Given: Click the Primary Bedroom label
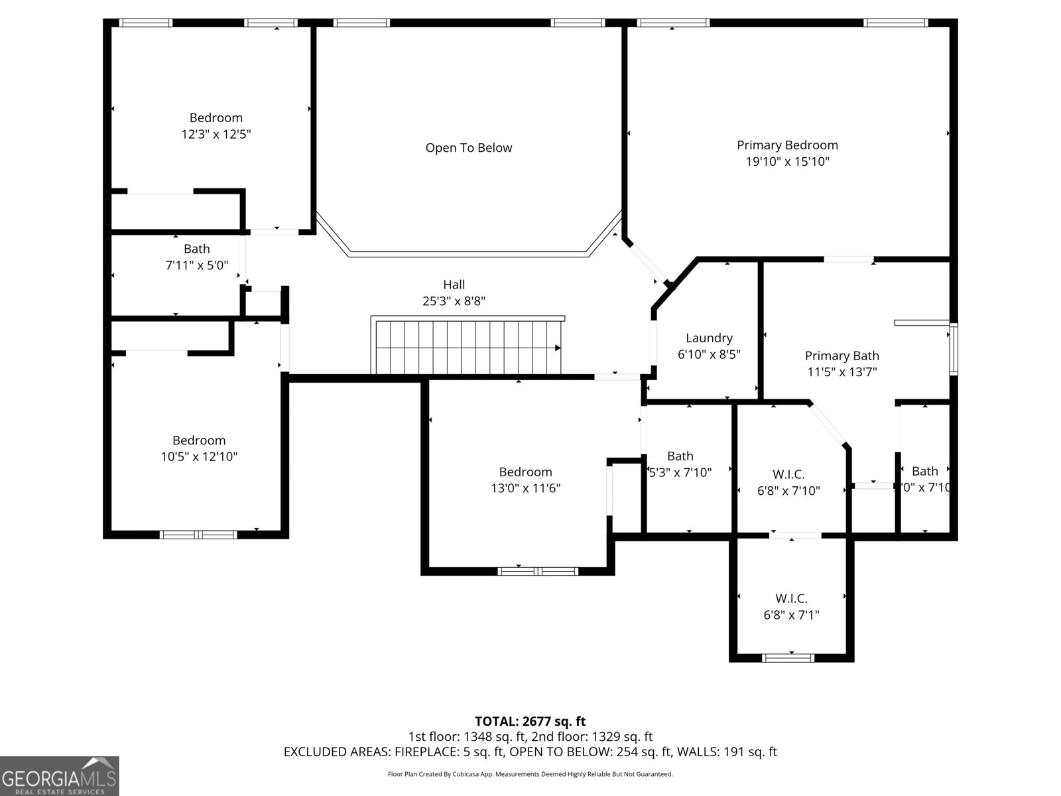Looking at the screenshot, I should tap(787, 145).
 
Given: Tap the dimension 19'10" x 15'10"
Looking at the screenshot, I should tap(787, 161).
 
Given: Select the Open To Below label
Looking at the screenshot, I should tap(468, 148).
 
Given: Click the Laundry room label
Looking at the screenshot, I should tap(709, 338).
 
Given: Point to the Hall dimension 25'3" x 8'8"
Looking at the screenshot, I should tap(454, 300).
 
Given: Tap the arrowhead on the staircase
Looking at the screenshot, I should tap(558, 348).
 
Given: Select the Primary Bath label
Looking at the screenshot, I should tap(842, 356).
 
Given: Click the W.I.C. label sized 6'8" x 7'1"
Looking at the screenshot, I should tap(791, 598).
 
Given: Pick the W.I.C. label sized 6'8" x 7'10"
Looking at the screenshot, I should tap(788, 475).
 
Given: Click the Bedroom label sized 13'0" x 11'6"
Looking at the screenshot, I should tap(525, 472).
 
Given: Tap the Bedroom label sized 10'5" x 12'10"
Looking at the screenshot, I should tap(199, 440).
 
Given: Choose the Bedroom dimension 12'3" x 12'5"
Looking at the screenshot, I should tap(216, 134).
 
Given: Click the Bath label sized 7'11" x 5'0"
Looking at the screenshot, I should tap(196, 249).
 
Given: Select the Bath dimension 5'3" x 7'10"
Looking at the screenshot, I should tap(680, 472).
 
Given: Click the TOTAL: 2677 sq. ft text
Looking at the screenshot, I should tap(530, 721).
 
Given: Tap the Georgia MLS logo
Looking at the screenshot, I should tap(59, 775).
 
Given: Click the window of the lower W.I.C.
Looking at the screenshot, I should tap(787, 657).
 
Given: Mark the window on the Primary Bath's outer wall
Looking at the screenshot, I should tap(953, 349).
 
